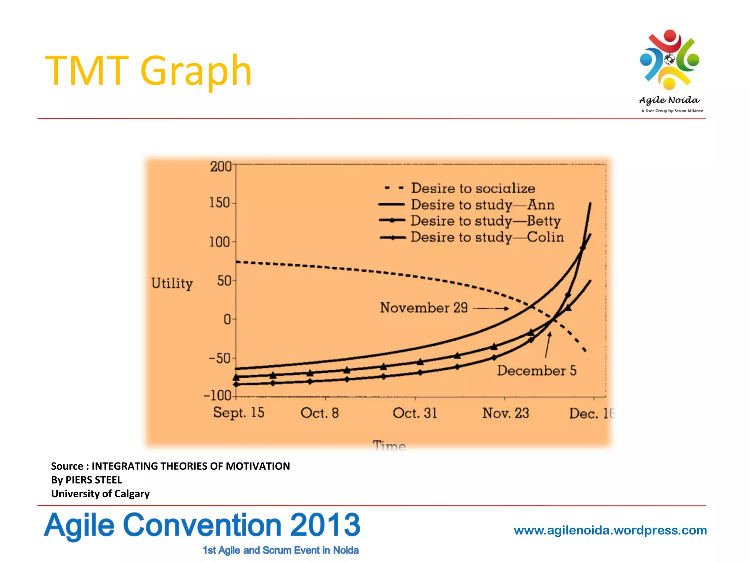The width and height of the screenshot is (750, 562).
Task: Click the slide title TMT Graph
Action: point(148,70)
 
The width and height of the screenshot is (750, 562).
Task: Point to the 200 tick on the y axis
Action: point(221,166)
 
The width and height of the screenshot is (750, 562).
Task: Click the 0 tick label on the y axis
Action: point(227,319)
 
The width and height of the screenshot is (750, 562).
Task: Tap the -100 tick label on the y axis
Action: point(218,396)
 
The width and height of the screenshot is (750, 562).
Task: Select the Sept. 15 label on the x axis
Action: point(238,413)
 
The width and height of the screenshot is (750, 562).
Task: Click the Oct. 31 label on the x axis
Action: point(415,413)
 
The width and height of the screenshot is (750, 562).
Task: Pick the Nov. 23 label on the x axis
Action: point(505,413)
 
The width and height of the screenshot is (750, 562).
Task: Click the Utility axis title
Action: point(172,284)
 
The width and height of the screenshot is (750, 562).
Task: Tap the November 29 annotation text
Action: point(424,308)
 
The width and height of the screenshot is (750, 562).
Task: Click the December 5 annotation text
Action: point(536,371)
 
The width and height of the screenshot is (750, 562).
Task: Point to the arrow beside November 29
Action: point(491,308)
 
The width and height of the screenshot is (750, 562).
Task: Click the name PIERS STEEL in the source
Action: point(94,480)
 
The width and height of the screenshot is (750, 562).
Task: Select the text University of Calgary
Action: point(100,494)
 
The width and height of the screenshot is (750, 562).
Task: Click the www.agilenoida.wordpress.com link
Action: point(610,530)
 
